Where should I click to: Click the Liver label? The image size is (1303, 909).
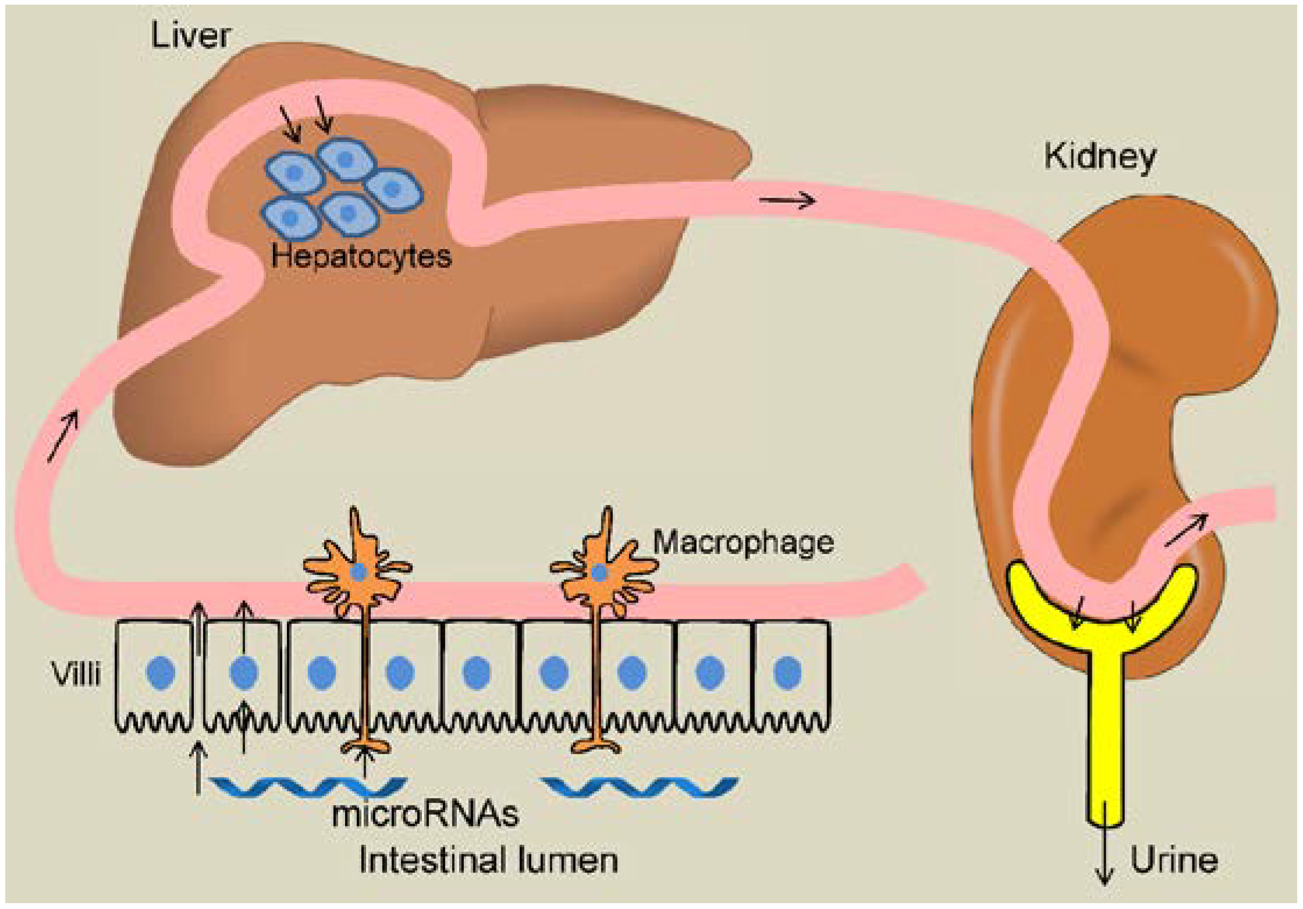pos(190,35)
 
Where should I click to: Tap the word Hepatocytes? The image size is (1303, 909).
pos(361,255)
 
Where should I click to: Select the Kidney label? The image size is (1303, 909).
pos(1099,157)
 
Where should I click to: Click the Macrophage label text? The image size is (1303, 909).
pos(743,542)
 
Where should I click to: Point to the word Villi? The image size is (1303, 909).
pos(76,674)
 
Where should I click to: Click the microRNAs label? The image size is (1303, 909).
pos(425,814)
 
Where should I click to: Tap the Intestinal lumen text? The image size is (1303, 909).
pos(488,860)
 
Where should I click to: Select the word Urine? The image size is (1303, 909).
pos(1174,860)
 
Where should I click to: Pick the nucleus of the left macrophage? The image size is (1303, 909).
pos(359,573)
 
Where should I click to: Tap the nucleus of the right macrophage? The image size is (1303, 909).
pos(599,573)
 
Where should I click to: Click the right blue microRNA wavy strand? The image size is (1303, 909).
pos(640,787)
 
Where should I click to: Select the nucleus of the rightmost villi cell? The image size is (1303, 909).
pos(788,672)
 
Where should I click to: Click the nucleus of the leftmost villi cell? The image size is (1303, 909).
pos(161,672)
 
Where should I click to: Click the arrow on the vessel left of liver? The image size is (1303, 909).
pos(62,436)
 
